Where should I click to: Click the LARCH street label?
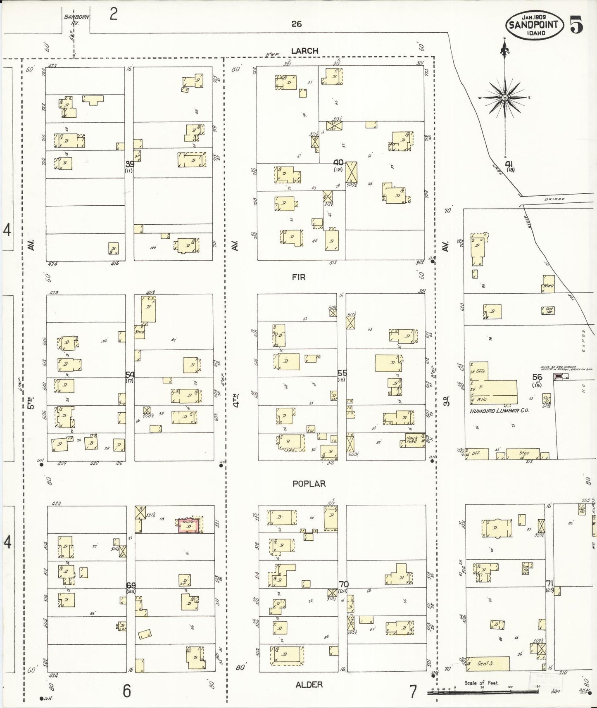(304, 51)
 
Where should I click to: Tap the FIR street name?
(298, 277)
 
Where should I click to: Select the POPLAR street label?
(309, 483)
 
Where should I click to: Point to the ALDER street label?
(309, 684)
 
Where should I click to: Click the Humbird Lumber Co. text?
(499, 411)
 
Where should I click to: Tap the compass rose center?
(504, 98)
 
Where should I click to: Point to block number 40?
(338, 163)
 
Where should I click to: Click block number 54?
(130, 374)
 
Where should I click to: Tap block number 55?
(342, 373)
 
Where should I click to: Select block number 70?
(343, 584)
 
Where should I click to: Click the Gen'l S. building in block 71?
(488, 663)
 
